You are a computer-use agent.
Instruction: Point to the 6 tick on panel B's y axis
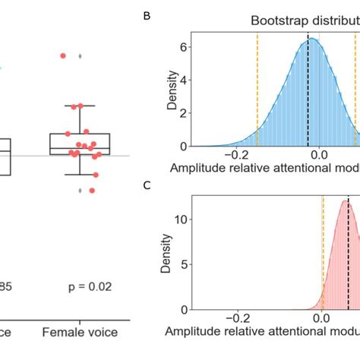tap(182, 46)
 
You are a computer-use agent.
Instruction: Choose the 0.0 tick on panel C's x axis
tap(321, 320)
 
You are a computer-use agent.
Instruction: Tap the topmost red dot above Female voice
tap(63, 55)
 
